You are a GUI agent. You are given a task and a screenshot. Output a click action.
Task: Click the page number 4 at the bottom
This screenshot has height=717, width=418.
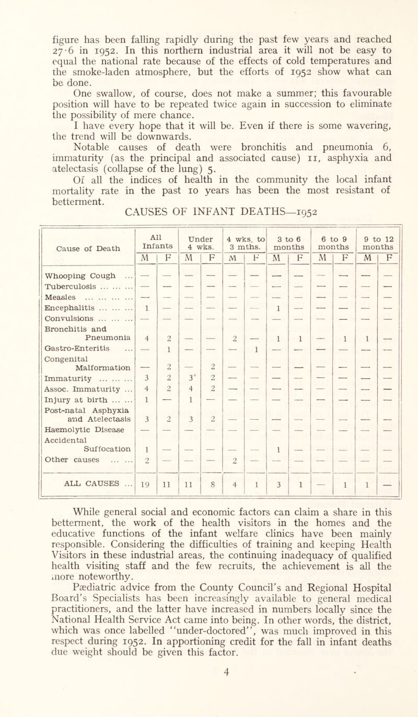(x=208, y=704)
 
